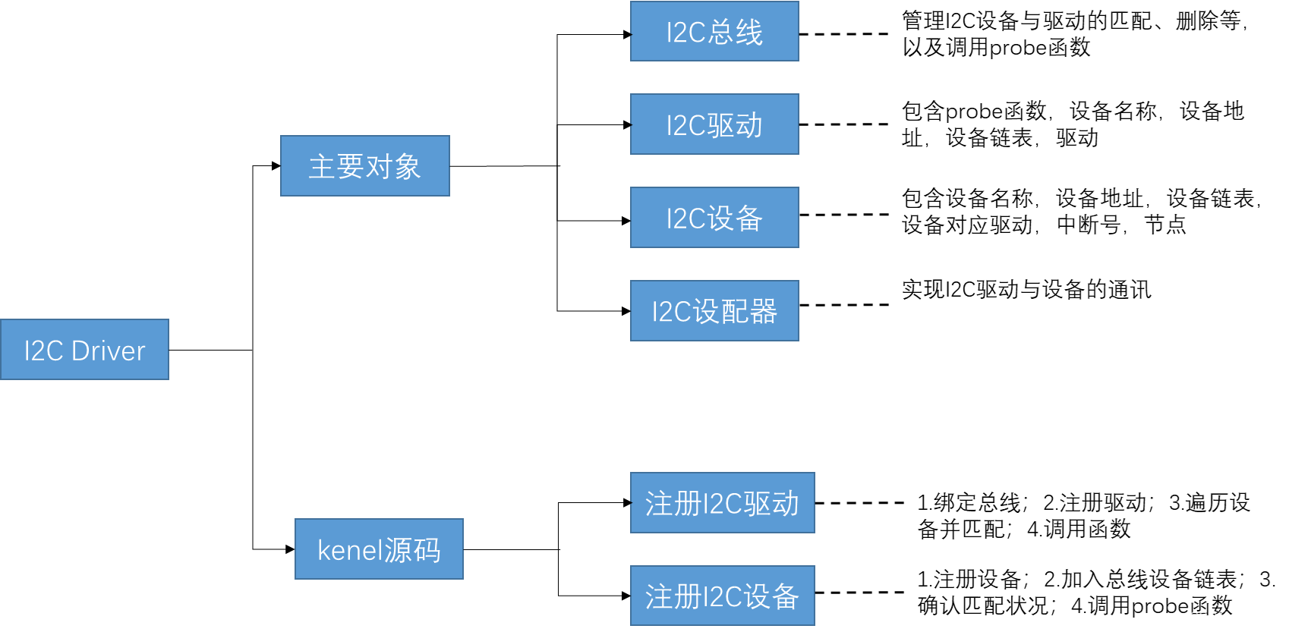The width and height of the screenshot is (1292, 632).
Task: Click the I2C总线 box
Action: point(714,31)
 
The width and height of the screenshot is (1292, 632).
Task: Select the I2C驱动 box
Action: point(714,124)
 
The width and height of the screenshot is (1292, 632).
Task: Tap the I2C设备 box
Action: point(714,218)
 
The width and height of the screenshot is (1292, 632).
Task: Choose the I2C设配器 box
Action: point(714,311)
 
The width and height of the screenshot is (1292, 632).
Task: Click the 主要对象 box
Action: point(365,166)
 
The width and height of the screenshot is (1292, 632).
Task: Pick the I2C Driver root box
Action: point(84,350)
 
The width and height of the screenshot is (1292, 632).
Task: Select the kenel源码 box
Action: point(379,549)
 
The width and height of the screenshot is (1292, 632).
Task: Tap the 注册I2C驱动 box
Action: point(723,503)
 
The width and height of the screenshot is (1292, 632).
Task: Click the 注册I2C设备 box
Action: point(723,596)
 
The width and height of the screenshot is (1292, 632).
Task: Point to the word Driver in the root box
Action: point(108,351)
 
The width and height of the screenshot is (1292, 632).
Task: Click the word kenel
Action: point(349,550)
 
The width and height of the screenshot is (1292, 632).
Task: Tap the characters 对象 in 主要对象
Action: point(393,167)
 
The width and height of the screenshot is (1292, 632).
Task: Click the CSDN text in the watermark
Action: point(1208,618)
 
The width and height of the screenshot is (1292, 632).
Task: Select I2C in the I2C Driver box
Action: point(43,351)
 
